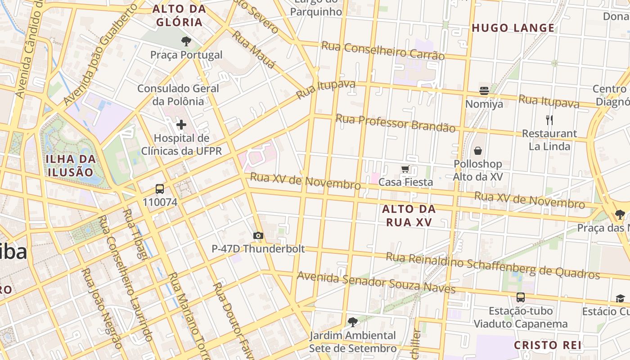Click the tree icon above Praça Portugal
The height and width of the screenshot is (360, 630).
click(x=186, y=42)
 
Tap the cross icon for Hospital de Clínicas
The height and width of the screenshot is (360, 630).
click(x=181, y=125)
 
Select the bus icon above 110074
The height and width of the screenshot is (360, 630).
click(x=160, y=189)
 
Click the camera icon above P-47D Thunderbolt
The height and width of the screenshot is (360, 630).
click(x=258, y=235)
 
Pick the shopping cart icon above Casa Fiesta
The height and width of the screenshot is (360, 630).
click(x=405, y=169)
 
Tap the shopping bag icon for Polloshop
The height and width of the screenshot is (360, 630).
click(x=477, y=151)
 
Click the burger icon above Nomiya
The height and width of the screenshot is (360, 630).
click(x=484, y=91)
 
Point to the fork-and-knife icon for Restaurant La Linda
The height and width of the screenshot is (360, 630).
click(x=549, y=120)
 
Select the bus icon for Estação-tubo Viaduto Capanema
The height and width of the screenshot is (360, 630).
click(x=521, y=297)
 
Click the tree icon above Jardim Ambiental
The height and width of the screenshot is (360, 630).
click(x=353, y=322)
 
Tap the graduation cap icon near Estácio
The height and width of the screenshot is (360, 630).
click(x=620, y=298)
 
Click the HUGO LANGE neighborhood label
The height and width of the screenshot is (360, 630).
click(x=513, y=28)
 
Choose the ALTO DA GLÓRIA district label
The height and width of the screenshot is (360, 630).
click(x=179, y=15)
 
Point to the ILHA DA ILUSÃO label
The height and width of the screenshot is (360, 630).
click(x=71, y=165)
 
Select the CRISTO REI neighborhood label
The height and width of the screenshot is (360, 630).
click(x=548, y=345)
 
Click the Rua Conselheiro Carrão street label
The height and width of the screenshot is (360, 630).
click(x=382, y=50)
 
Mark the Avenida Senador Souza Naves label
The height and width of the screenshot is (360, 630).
click(x=376, y=282)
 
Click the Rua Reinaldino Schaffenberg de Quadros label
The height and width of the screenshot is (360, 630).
click(x=493, y=265)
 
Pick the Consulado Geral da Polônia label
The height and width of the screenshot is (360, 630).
click(x=178, y=94)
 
